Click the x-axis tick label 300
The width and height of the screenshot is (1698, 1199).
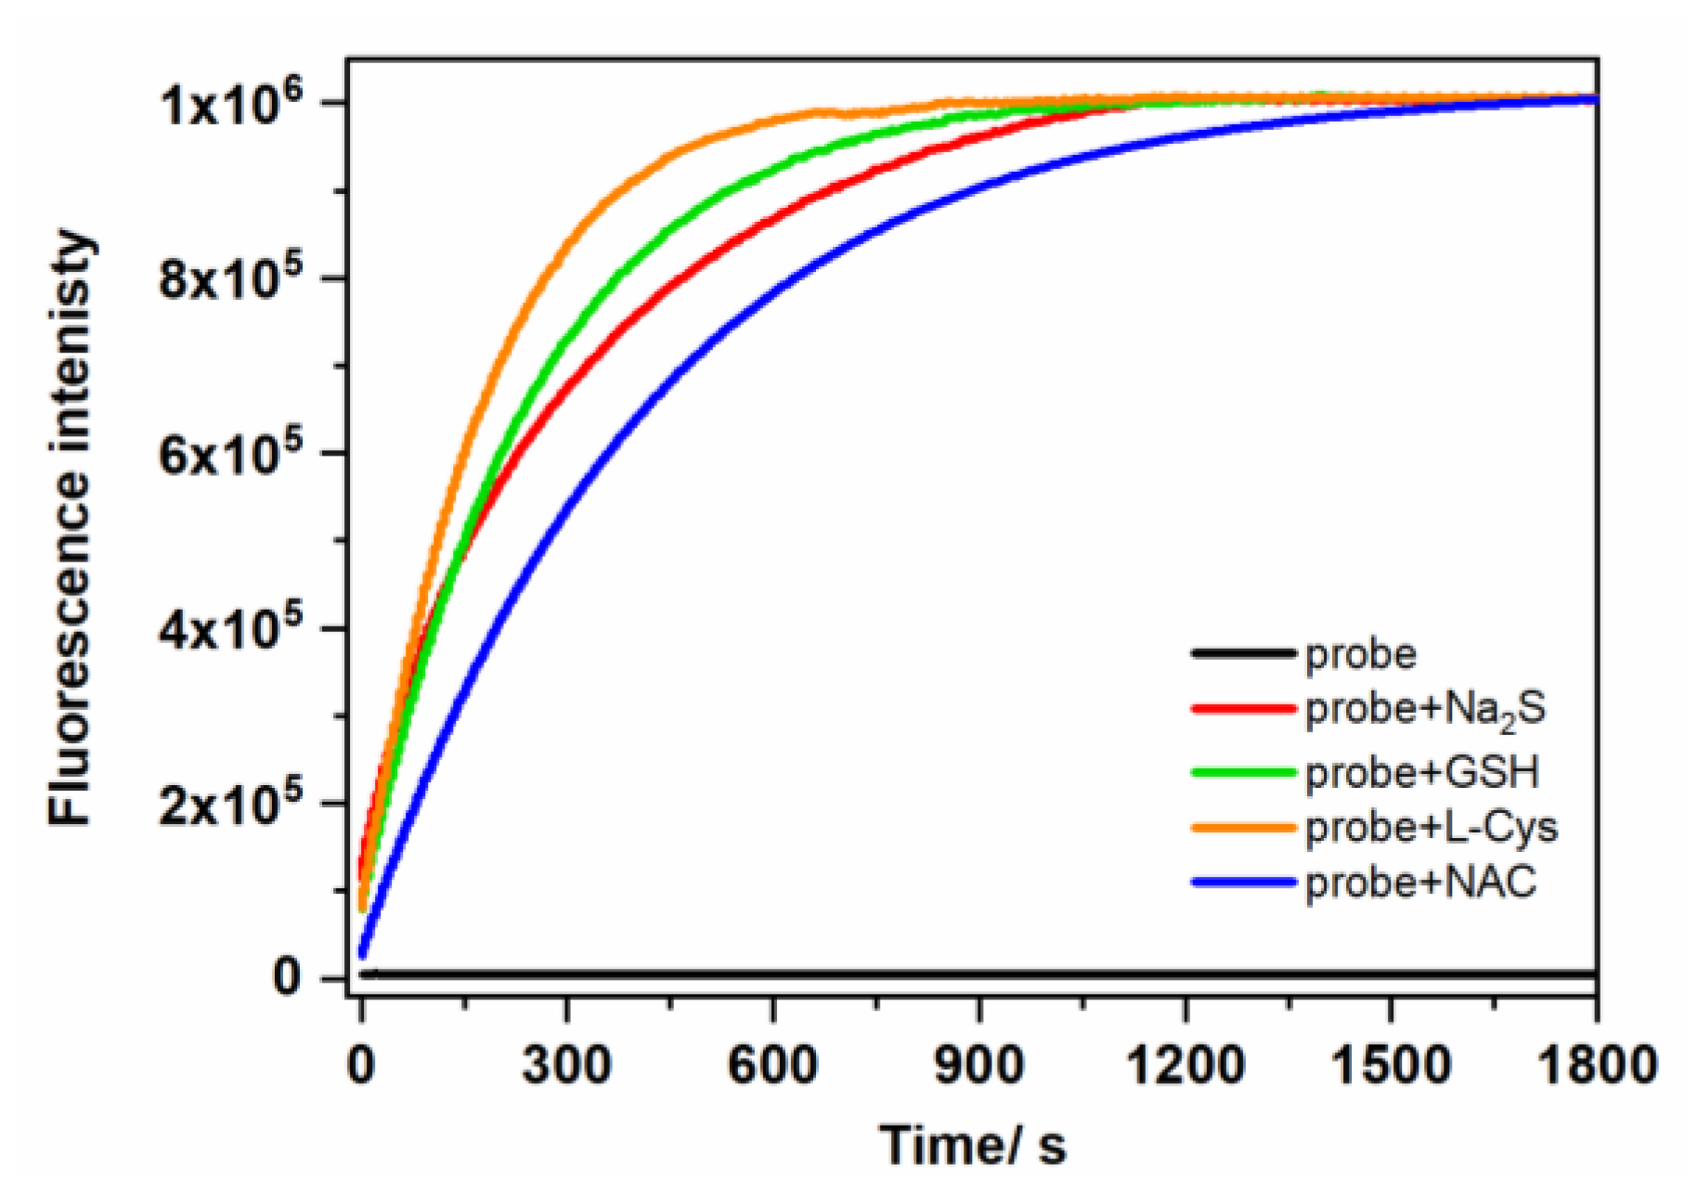tap(565, 1065)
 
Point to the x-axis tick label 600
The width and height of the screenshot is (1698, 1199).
tap(771, 1065)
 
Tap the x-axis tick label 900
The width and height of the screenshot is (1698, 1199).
tap(979, 1065)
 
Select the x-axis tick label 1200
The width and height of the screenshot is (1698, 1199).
tap(1185, 1065)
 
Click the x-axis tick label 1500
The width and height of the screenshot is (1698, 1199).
tap(1391, 1065)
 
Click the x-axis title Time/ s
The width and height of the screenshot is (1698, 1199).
tap(972, 1144)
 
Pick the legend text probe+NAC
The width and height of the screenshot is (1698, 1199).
tap(1421, 882)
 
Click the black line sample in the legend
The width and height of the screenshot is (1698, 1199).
tap(1243, 654)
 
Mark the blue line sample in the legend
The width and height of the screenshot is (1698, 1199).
tap(1243, 882)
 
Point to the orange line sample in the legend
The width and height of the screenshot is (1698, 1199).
tap(1243, 827)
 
